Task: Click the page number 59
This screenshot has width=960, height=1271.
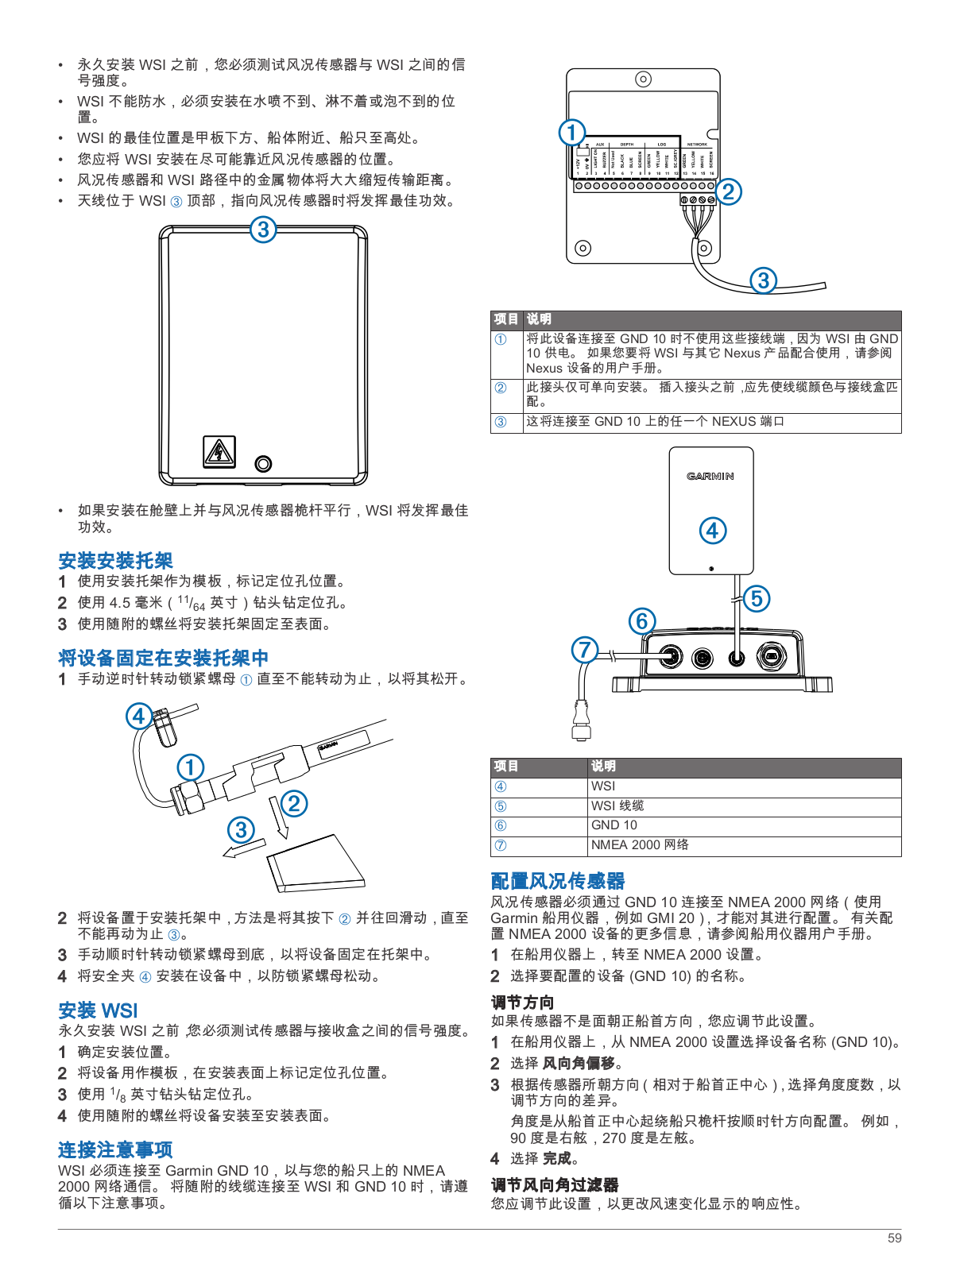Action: (894, 1238)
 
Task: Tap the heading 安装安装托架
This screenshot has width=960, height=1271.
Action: (115, 560)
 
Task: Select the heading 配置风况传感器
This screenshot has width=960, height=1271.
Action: (557, 881)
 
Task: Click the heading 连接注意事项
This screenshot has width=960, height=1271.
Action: (115, 1149)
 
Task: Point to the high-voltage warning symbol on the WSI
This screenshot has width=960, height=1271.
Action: (219, 452)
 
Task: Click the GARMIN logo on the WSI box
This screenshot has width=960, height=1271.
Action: (710, 477)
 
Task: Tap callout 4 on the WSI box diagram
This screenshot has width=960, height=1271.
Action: (713, 531)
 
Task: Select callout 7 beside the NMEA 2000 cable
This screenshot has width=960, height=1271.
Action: (585, 650)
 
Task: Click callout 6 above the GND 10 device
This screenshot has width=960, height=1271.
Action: (642, 620)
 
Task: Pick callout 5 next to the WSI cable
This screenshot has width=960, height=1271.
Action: (757, 598)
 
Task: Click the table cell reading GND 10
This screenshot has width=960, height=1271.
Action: (614, 825)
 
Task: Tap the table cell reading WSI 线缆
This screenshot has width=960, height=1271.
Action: (617, 805)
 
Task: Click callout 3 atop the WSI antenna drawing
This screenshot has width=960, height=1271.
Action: (263, 230)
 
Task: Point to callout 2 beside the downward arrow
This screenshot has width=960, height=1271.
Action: (294, 803)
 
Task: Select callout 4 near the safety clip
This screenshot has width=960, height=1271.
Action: (139, 716)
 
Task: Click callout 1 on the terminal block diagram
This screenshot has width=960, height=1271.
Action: (571, 132)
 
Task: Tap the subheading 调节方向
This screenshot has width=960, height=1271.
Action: (522, 1003)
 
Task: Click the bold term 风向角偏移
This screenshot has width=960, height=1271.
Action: (579, 1063)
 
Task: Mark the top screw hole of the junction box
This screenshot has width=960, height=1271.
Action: (643, 79)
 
